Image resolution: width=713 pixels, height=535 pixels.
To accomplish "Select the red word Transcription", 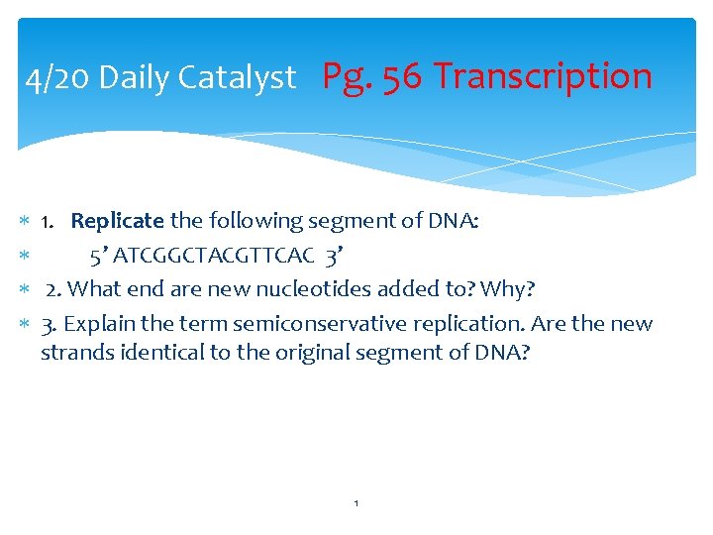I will (543, 76).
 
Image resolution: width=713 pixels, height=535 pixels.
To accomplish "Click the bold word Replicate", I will (117, 221).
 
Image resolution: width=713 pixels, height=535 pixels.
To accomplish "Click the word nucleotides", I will (303, 289).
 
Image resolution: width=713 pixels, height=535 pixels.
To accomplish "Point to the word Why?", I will (507, 289).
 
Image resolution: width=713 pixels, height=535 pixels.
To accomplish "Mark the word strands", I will (72, 353).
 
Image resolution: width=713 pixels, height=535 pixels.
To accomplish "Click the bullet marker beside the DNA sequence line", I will (24, 257).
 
